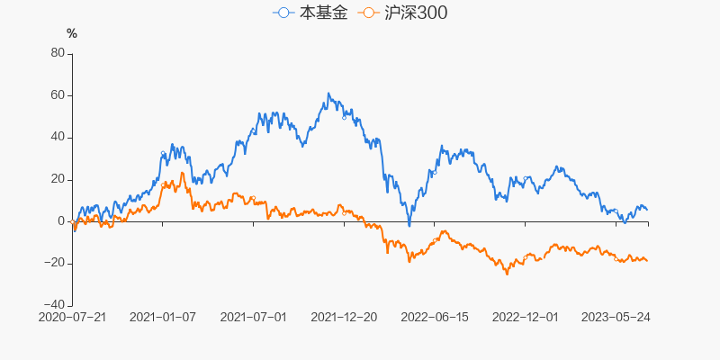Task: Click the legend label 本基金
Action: pyautogui.click(x=322, y=13)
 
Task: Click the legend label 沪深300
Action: pyautogui.click(x=414, y=13)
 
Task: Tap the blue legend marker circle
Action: pyautogui.click(x=284, y=13)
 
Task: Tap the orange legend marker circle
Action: pyautogui.click(x=368, y=13)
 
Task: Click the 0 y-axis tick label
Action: pyautogui.click(x=61, y=221)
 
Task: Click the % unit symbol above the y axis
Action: pyautogui.click(x=72, y=33)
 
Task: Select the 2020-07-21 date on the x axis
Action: pyautogui.click(x=73, y=318)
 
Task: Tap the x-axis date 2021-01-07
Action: pyautogui.click(x=163, y=318)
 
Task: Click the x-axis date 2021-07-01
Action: pyautogui.click(x=253, y=318)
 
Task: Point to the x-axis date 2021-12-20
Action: pyautogui.click(x=343, y=318)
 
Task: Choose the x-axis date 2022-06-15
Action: pyautogui.click(x=434, y=318)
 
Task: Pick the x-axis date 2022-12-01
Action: pyautogui.click(x=526, y=318)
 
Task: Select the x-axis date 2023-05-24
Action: pyautogui.click(x=616, y=318)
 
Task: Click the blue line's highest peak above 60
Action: pyautogui.click(x=328, y=94)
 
